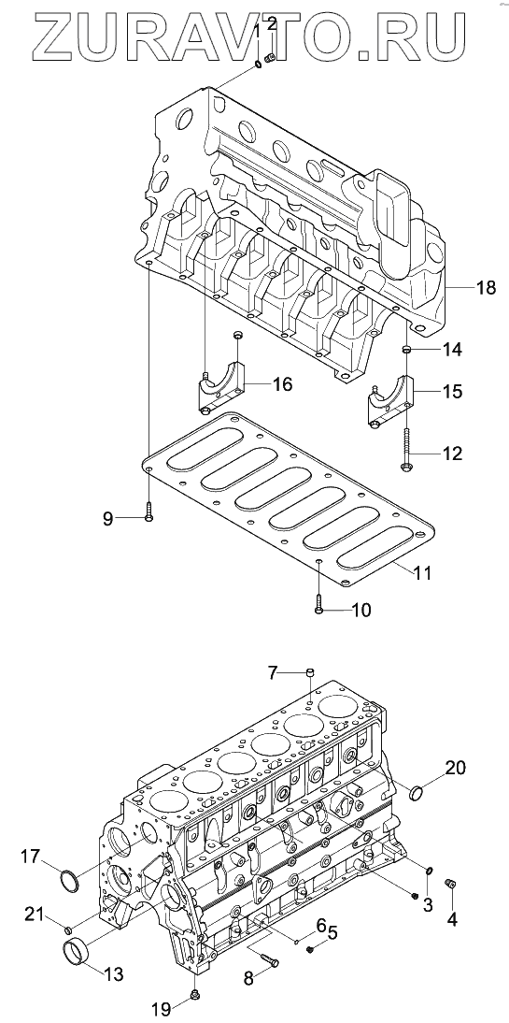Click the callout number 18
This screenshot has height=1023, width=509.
click(486, 287)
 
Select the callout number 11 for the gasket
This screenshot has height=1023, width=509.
click(421, 573)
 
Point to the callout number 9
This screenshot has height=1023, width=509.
click(107, 519)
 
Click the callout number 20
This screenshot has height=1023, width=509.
click(456, 768)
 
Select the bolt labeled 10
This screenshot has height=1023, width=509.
click(318, 602)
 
